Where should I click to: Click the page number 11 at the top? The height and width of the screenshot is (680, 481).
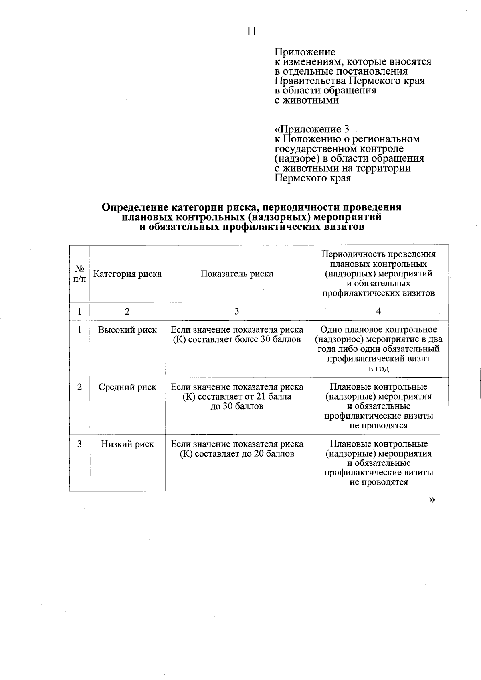tap(251, 31)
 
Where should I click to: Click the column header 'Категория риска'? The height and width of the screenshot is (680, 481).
tap(127, 274)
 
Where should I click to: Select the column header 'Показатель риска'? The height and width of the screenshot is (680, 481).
tap(237, 274)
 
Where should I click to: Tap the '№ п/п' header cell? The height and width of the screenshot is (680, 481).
tap(80, 274)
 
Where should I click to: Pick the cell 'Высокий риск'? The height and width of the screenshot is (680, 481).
tap(127, 330)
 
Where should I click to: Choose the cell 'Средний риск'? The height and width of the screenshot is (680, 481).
tap(127, 387)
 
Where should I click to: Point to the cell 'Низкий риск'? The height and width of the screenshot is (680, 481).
tap(127, 444)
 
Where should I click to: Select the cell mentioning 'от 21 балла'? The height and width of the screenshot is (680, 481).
tap(237, 397)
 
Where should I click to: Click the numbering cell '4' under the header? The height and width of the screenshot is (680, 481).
tap(378, 311)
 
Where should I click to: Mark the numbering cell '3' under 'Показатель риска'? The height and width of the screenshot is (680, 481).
tap(237, 311)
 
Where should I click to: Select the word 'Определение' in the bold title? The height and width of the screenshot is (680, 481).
tap(134, 207)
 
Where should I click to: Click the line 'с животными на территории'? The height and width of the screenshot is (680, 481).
tap(343, 168)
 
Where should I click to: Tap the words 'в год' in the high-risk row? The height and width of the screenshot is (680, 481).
tap(378, 369)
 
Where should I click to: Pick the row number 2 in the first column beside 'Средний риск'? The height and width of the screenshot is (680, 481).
tap(80, 387)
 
